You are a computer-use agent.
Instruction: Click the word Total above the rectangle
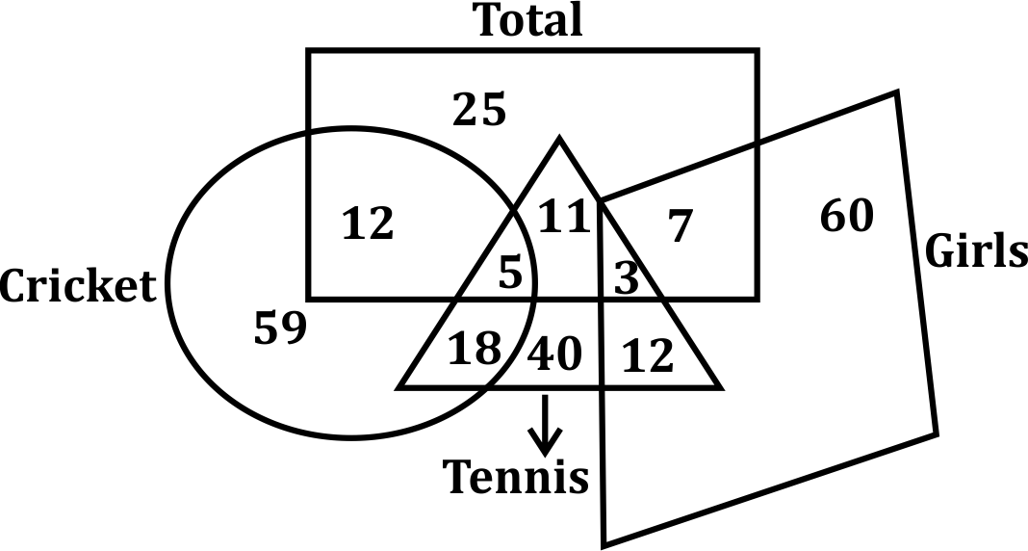(530, 20)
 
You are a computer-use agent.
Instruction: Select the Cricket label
(78, 286)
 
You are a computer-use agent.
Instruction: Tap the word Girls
(976, 251)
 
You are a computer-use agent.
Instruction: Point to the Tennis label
(516, 476)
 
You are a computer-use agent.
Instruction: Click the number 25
(480, 111)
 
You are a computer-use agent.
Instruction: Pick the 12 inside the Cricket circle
(369, 224)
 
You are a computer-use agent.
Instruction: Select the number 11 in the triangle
(563, 217)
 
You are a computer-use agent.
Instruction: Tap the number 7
(680, 226)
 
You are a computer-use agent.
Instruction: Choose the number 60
(847, 216)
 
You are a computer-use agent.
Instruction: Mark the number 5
(510, 275)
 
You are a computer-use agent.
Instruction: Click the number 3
(627, 278)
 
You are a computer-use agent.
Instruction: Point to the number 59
(280, 329)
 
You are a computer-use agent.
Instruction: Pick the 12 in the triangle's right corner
(648, 358)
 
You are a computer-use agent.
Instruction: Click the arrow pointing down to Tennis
(546, 424)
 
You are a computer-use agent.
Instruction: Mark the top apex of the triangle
(559, 140)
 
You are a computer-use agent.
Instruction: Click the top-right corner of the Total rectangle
(757, 51)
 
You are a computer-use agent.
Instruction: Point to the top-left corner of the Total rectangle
(309, 51)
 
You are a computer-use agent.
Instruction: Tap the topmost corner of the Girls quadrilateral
(897, 92)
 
